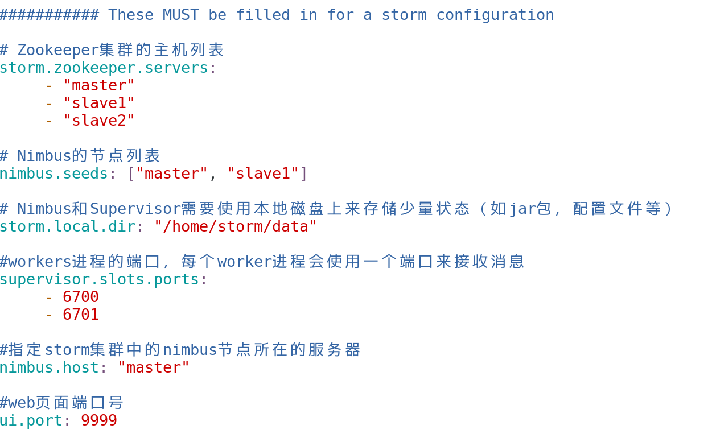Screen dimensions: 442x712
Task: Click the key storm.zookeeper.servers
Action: pyautogui.click(x=104, y=68)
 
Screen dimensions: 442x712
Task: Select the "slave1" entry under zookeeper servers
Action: pyautogui.click(x=99, y=103)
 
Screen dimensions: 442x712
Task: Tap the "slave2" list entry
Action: pyautogui.click(x=99, y=121)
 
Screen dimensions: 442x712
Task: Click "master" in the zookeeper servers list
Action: pyautogui.click(x=99, y=85)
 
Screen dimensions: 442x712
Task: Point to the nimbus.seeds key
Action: pyautogui.click(x=53, y=174)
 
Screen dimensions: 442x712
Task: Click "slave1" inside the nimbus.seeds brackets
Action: pyautogui.click(x=263, y=174)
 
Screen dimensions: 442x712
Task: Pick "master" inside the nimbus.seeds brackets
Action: pyautogui.click(x=172, y=174)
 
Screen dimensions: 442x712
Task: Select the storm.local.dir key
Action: pyautogui.click(x=67, y=226)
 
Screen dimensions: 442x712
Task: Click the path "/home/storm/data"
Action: pyautogui.click(x=236, y=226)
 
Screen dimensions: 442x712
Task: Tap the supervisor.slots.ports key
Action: pyautogui.click(x=99, y=279)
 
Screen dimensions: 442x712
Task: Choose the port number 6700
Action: pyautogui.click(x=81, y=297)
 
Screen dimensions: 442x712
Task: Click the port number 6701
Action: pyautogui.click(x=81, y=315)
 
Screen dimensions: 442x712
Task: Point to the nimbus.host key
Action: pyautogui.click(x=49, y=367)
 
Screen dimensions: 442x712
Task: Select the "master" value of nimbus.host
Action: pyautogui.click(x=154, y=367)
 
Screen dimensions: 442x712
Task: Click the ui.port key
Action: pyautogui.click(x=31, y=420)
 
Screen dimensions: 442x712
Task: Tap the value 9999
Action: pyautogui.click(x=99, y=420)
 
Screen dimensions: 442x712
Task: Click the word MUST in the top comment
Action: pyautogui.click(x=181, y=15)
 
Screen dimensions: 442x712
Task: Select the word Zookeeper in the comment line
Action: pyautogui.click(x=58, y=50)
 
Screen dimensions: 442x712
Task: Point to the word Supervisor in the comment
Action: pyautogui.click(x=135, y=209)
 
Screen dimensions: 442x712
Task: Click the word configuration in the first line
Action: pyautogui.click(x=495, y=15)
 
